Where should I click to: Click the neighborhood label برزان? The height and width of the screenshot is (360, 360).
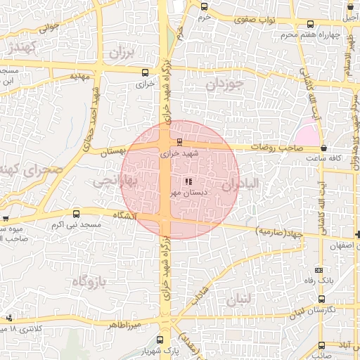[121, 52]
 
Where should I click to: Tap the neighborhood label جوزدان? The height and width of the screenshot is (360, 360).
[224, 85]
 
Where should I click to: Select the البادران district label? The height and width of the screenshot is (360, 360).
[242, 184]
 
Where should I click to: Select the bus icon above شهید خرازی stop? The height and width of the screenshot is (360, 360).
[179, 142]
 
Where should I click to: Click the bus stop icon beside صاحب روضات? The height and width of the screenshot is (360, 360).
[323, 148]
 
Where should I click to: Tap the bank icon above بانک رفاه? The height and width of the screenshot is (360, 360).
[319, 269]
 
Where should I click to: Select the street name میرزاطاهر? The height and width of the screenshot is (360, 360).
[125, 325]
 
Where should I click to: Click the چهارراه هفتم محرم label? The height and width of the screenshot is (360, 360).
[310, 34]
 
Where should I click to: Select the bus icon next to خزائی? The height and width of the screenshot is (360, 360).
[145, 72]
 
